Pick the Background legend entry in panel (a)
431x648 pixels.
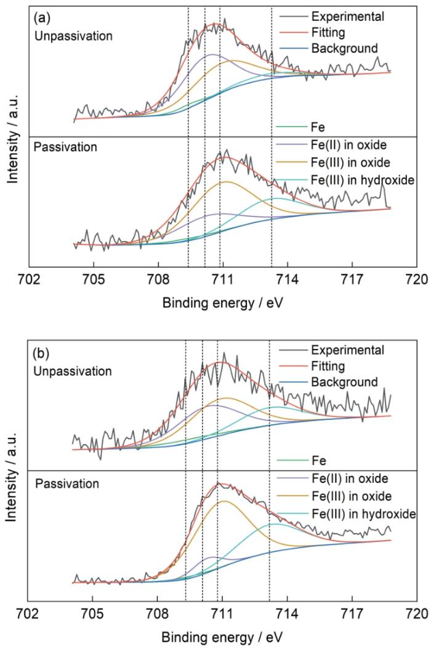pyautogui.click(x=344, y=47)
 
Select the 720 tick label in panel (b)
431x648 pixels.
pyautogui.click(x=416, y=613)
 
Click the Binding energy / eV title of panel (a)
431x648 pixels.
pyautogui.click(x=223, y=303)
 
